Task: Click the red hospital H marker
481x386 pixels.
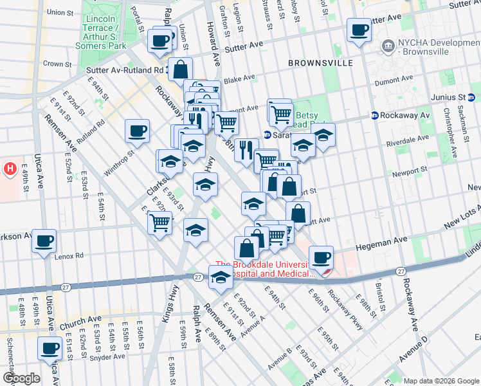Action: tap(10, 169)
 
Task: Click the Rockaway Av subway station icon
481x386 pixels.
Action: tap(374, 115)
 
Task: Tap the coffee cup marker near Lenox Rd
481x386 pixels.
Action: tap(44, 241)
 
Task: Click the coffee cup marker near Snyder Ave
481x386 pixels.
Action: tap(50, 349)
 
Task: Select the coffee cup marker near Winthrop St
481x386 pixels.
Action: tap(137, 131)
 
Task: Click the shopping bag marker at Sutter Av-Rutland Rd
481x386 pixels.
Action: tap(181, 69)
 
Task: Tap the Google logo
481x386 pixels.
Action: tap(21, 378)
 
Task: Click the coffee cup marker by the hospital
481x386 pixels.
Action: tap(321, 257)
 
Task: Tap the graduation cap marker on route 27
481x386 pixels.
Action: tap(221, 277)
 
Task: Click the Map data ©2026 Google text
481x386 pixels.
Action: tap(440, 380)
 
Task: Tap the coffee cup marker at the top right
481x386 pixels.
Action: tap(358, 29)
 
